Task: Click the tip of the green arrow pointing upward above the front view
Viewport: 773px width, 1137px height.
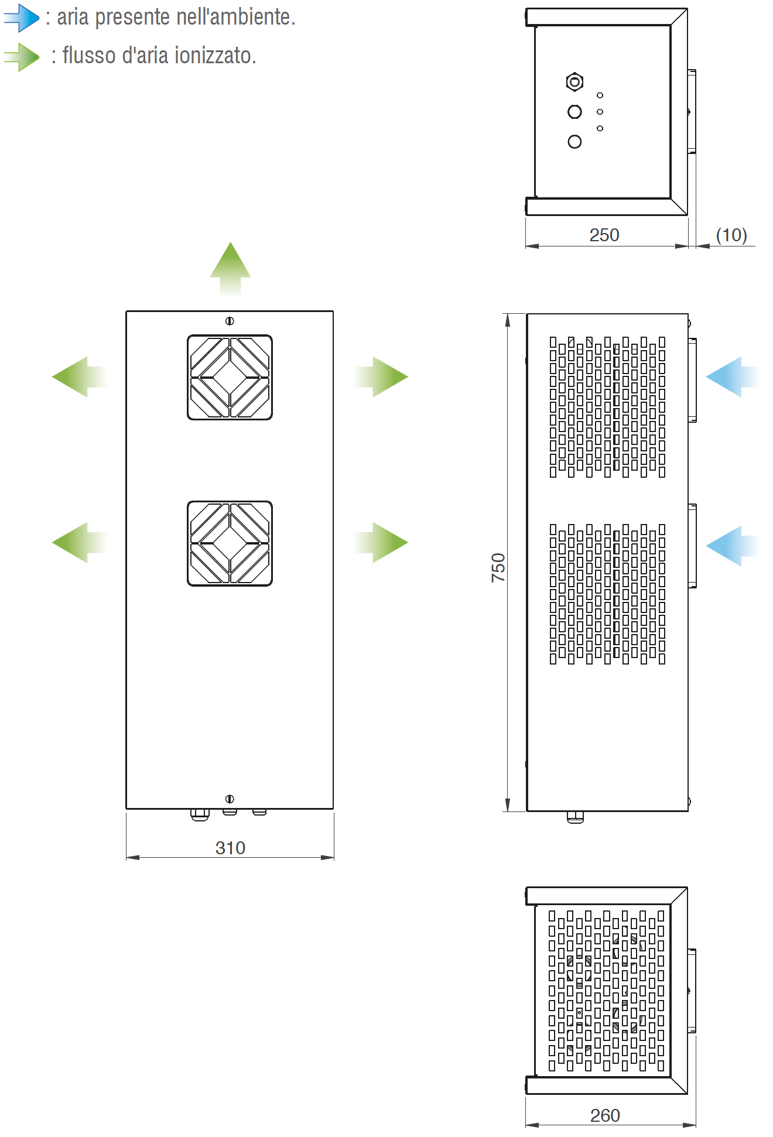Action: tap(230, 242)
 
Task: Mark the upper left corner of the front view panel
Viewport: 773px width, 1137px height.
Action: tap(126, 311)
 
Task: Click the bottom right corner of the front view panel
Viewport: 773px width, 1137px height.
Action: tap(333, 809)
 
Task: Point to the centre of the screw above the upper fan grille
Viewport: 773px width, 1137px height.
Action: tap(230, 321)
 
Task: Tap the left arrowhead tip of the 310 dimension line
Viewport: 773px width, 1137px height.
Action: tap(127, 858)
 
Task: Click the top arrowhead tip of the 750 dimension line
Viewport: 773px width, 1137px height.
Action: tap(508, 314)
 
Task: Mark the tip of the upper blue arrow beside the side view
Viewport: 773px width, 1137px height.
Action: tap(707, 377)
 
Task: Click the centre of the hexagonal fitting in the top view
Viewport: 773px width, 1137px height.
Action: tap(574, 82)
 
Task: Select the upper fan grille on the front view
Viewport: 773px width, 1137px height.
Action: tap(230, 377)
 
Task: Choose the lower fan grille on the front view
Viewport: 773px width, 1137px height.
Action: tap(230, 543)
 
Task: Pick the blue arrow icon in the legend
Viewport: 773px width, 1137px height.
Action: tap(22, 18)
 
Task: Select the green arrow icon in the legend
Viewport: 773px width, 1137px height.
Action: tap(22, 57)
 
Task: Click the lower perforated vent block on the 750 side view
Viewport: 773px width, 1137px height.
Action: tap(607, 594)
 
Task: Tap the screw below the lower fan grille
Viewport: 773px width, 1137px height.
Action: tap(230, 799)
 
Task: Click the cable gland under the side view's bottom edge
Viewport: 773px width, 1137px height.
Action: tap(575, 817)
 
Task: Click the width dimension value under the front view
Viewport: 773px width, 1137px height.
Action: tap(230, 848)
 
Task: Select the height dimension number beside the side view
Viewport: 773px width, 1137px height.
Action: tap(498, 567)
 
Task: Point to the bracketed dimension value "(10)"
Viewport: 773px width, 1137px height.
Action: tap(731, 235)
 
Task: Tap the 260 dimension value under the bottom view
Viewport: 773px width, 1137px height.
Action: tap(605, 1115)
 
